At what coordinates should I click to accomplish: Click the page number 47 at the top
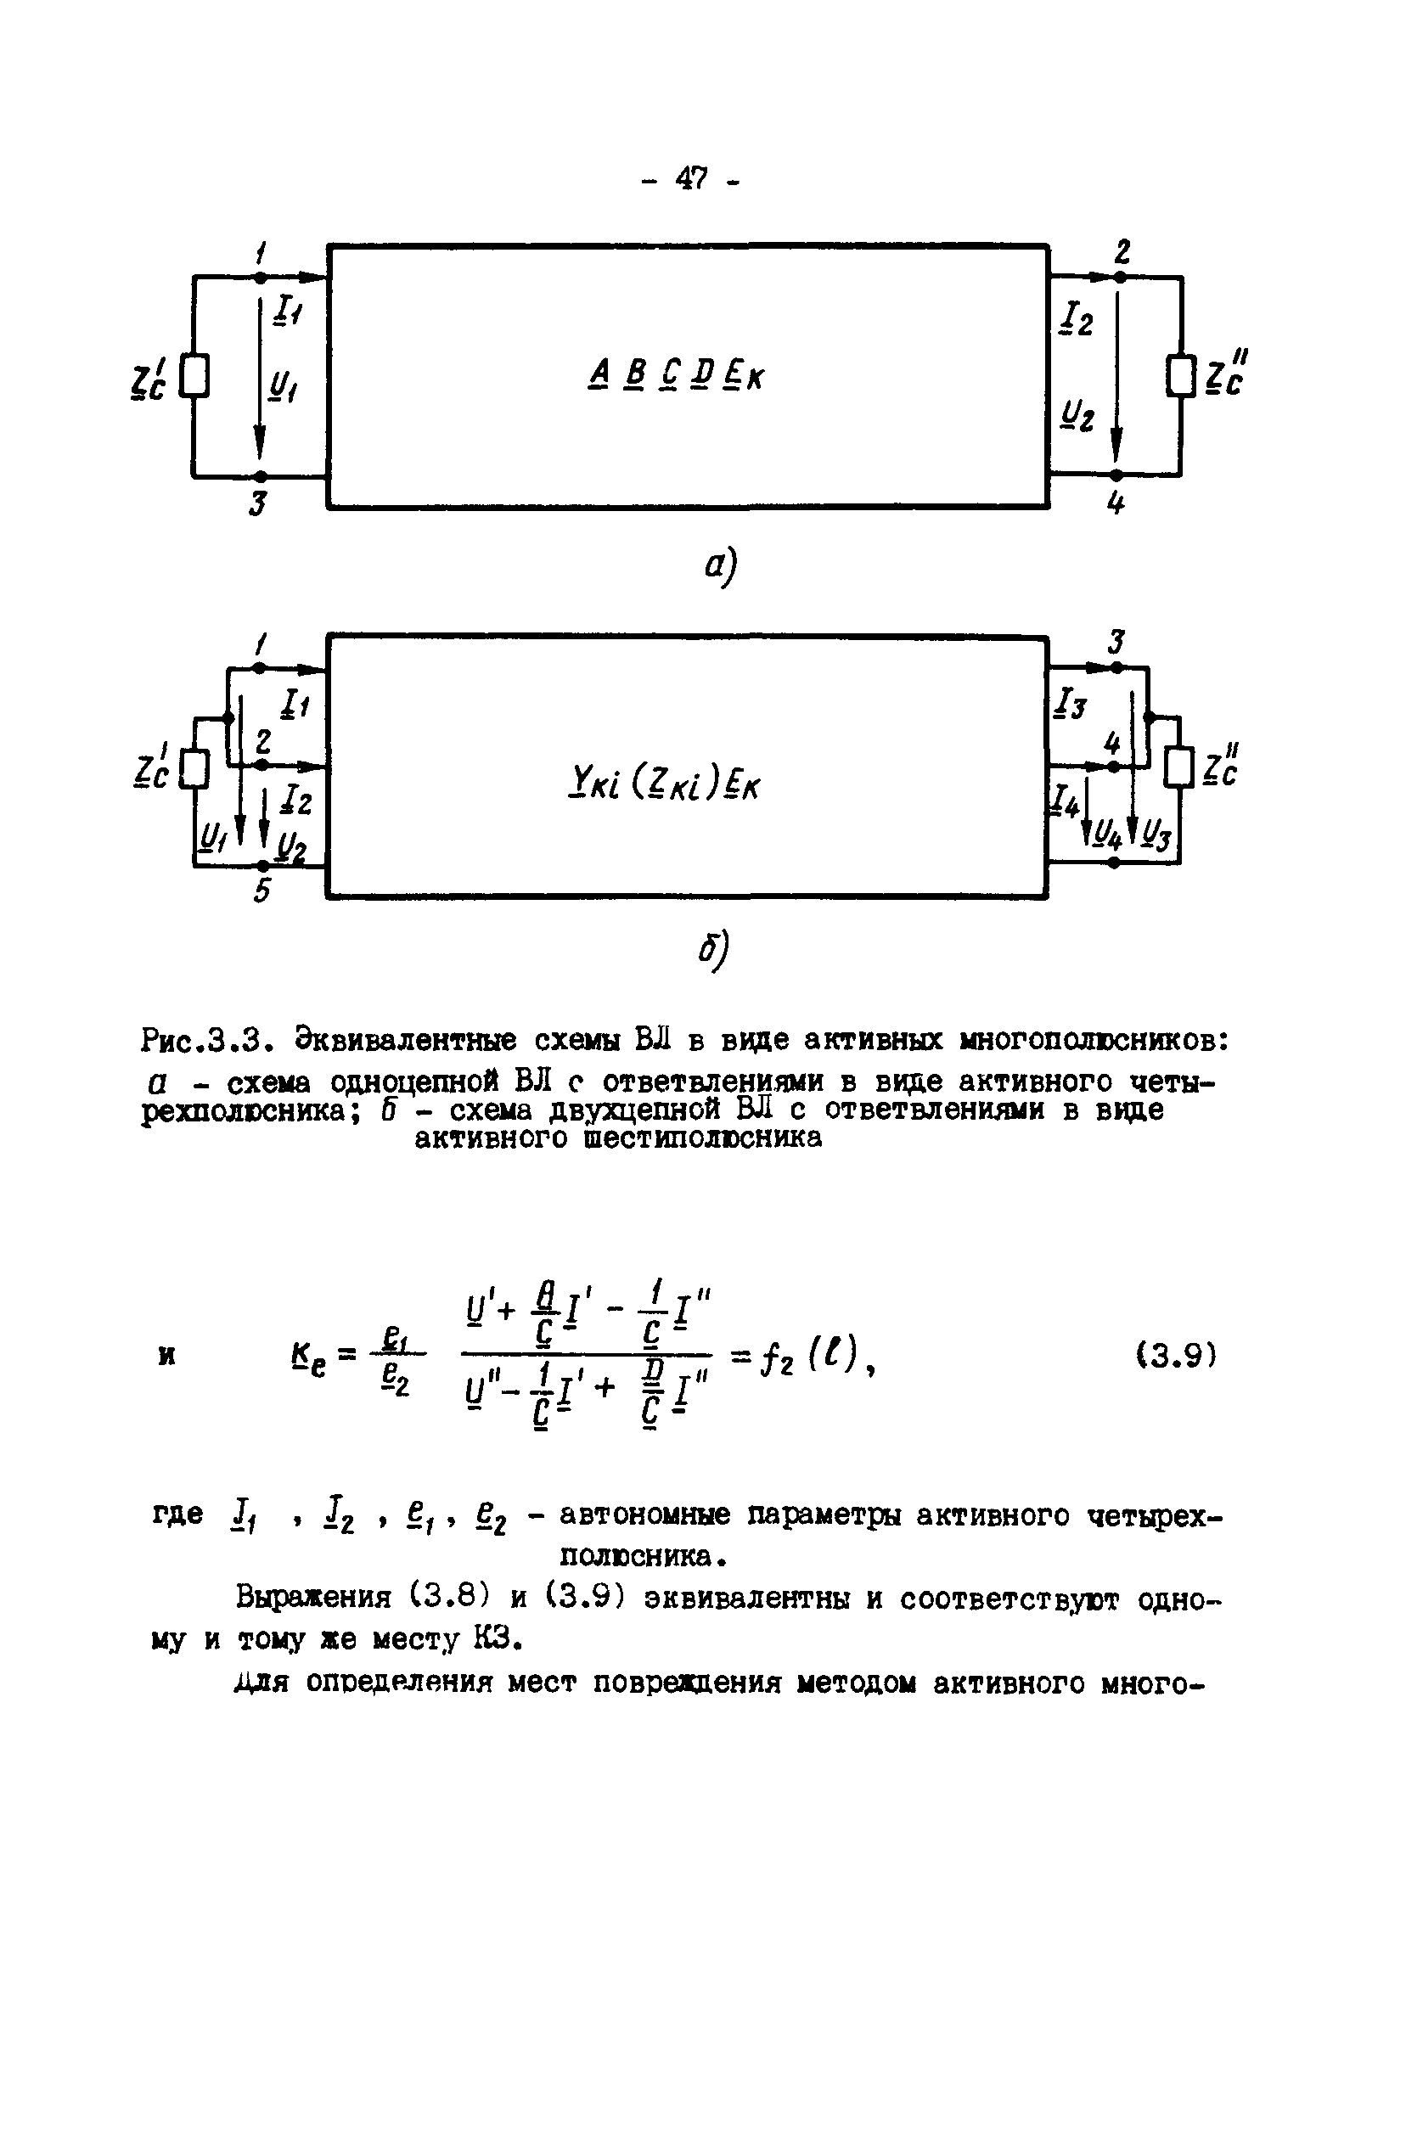(690, 179)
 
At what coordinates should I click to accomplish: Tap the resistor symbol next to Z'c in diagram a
(195, 376)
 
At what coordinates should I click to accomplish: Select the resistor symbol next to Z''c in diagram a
(1181, 376)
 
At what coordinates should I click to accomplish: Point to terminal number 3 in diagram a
(258, 504)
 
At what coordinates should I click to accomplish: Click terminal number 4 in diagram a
(1116, 504)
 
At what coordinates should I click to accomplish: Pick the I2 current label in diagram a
(1077, 317)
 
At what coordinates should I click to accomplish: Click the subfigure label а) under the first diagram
(720, 566)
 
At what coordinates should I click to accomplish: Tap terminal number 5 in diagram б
(261, 891)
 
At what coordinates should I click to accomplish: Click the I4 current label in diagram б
(1066, 800)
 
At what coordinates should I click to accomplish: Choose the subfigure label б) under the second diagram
(716, 949)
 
